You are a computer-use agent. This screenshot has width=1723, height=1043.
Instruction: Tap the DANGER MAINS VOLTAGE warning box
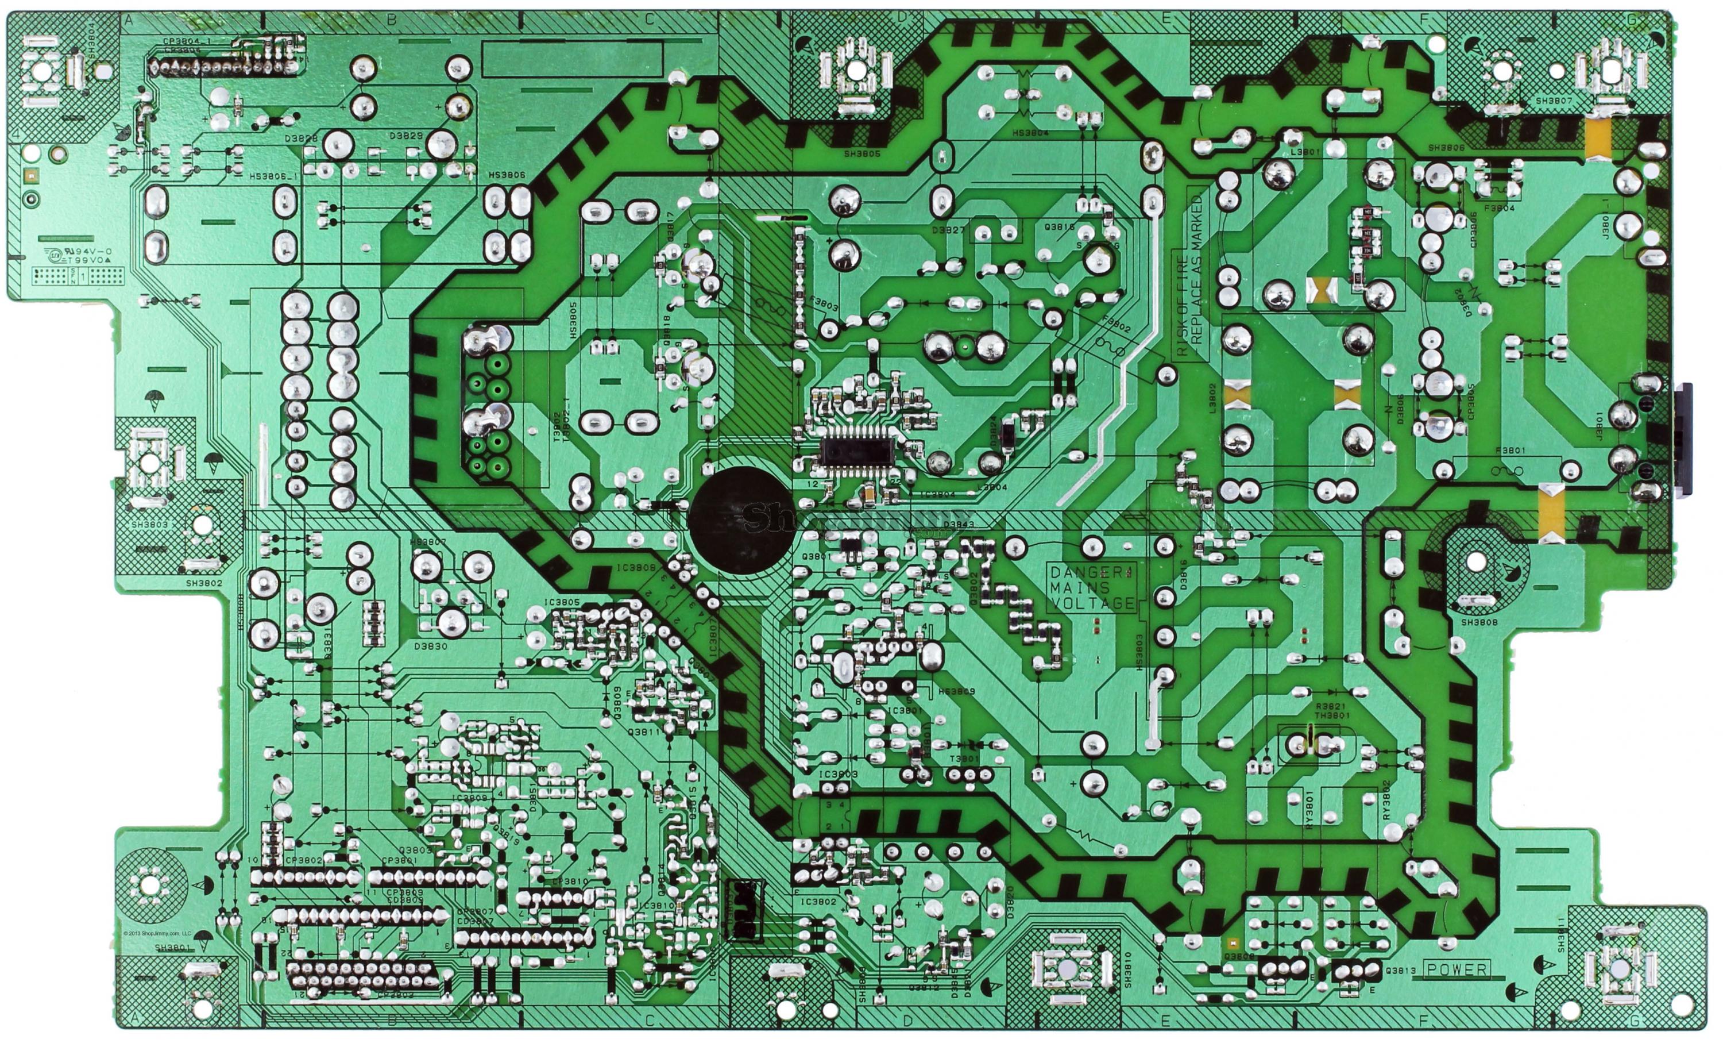pos(1092,588)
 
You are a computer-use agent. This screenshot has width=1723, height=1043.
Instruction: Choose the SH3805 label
pos(861,154)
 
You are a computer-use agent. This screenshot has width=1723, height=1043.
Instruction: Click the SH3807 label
pos(1553,101)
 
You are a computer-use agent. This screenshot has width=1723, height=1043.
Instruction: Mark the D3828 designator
pos(302,138)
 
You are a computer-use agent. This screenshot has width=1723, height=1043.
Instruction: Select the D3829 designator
pos(406,135)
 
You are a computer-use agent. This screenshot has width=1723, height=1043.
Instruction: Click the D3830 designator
pos(430,646)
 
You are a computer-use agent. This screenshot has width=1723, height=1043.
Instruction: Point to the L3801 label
pos(1305,151)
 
